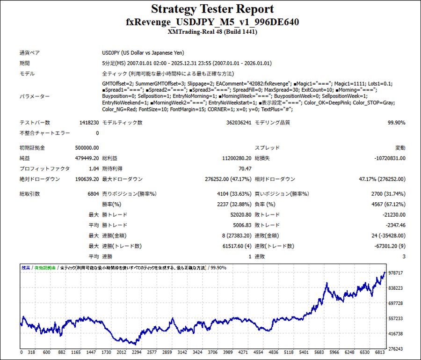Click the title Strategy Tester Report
tap(212, 9)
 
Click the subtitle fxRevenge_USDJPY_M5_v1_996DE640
tap(212, 22)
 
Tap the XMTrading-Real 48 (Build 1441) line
tap(212, 32)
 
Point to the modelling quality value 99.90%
tap(396, 123)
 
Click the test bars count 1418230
tap(89, 123)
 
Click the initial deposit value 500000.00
tap(87, 148)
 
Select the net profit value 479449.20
tap(87, 158)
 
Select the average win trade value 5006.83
tap(240, 225)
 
